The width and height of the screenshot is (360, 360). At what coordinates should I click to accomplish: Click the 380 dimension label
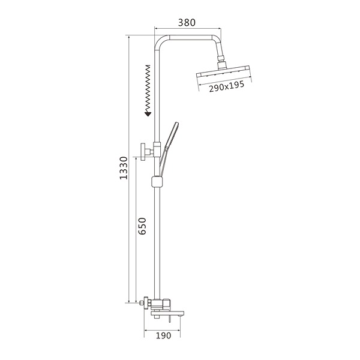(187, 23)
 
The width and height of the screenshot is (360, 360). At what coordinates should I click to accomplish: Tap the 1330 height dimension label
(124, 168)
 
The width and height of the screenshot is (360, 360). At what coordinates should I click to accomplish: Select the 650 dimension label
(142, 226)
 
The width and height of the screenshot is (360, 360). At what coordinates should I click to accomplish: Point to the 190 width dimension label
(163, 335)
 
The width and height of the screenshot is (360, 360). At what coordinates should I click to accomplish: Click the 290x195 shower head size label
(226, 86)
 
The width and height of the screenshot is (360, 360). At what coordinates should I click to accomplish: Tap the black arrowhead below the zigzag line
(148, 113)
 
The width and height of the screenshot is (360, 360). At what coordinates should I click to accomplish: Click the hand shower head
(172, 135)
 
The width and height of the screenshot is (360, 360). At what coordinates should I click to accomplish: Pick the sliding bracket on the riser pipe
(157, 182)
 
